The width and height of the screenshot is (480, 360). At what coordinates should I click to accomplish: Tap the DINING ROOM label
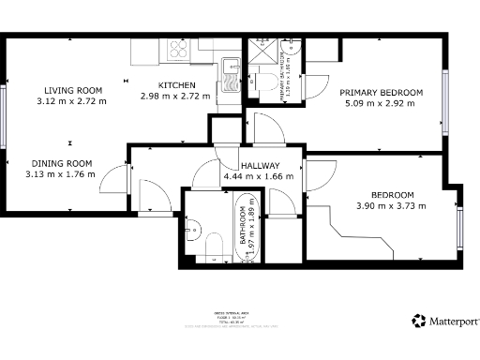65,161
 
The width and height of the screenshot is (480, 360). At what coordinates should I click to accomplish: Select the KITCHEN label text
176,85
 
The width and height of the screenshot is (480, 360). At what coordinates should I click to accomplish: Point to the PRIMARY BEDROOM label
382,92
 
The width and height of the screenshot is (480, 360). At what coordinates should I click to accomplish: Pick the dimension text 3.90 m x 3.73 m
384,206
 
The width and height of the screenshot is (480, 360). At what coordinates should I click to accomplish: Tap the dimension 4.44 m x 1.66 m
258,176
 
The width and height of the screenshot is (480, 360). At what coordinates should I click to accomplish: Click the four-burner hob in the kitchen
177,51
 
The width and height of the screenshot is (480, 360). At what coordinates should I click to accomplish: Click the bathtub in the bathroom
247,230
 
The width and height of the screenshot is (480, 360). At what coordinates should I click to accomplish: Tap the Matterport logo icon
418,321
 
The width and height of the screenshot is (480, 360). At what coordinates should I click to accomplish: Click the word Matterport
452,322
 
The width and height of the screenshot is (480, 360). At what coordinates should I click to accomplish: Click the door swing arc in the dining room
112,176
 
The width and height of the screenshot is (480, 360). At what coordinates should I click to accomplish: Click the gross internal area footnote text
240,320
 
